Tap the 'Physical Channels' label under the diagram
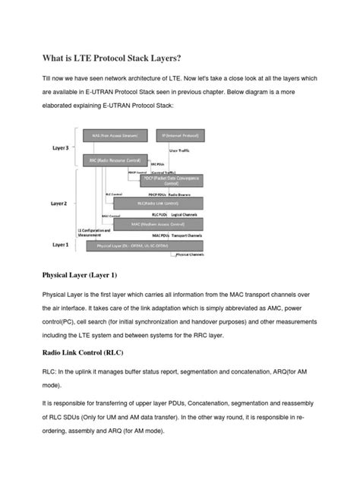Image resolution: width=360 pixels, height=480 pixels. pos(192,256)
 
